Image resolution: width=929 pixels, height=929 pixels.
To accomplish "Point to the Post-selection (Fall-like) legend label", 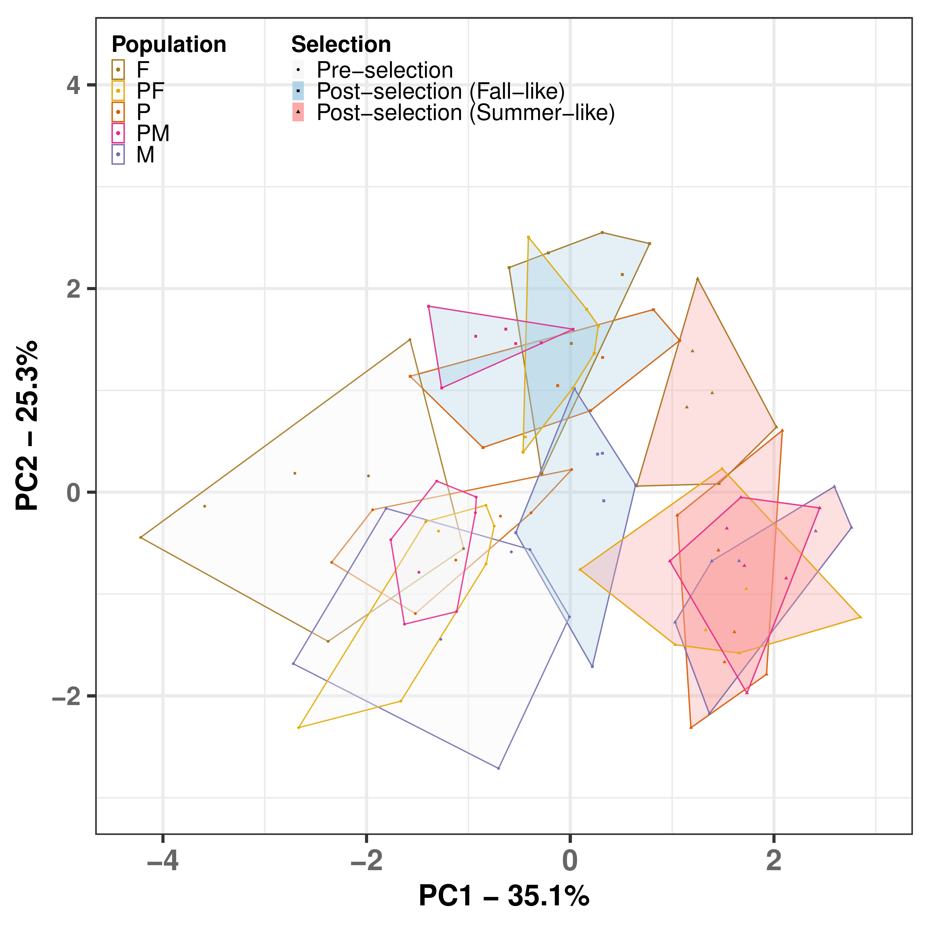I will pos(441,91).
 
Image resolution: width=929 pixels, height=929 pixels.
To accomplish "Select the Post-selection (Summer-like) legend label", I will pos(465,113).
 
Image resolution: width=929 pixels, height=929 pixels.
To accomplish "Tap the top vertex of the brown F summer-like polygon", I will pos(697,279).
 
